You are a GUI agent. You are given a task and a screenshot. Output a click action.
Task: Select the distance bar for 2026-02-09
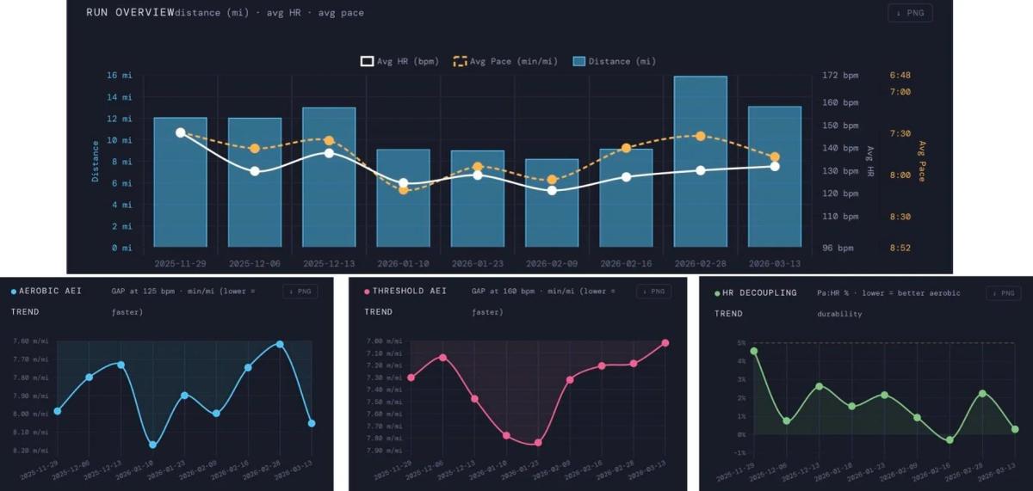(x=552, y=203)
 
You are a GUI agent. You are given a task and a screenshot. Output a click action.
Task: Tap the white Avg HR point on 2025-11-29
(x=180, y=132)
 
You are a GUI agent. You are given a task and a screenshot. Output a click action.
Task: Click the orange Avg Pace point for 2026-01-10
(x=403, y=189)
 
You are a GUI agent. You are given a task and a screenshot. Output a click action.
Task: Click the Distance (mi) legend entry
(x=615, y=61)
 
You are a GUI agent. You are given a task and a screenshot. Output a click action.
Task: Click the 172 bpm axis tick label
(x=840, y=76)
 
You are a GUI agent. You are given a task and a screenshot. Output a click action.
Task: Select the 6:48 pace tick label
(x=900, y=76)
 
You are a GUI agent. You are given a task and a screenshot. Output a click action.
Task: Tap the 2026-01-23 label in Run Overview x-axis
(x=477, y=263)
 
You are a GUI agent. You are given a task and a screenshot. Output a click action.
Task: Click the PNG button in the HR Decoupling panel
(x=1004, y=292)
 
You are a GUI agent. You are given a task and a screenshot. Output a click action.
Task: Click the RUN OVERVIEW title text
(x=129, y=13)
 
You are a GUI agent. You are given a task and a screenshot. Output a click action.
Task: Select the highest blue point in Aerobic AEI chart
(x=280, y=344)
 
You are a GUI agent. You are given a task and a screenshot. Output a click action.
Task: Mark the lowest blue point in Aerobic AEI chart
(x=152, y=445)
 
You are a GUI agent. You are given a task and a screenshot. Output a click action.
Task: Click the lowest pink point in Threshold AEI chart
(x=538, y=443)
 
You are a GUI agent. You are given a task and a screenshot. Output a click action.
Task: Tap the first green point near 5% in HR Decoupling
(x=754, y=351)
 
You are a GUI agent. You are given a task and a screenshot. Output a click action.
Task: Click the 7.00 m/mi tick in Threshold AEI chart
(x=382, y=342)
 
